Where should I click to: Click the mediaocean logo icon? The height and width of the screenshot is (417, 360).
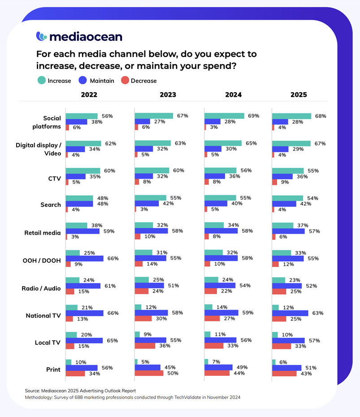point(41,36)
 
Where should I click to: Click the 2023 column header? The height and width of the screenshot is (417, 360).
point(167,95)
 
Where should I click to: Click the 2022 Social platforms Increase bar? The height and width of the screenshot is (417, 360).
point(82,116)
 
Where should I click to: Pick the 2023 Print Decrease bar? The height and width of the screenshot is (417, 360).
point(149,373)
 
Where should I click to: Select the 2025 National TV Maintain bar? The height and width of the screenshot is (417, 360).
point(290,313)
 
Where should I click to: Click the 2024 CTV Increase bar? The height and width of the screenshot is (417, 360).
point(220,171)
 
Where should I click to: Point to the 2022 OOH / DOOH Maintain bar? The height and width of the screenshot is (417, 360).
point(85,258)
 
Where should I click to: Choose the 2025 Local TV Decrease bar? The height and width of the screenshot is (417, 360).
point(282,346)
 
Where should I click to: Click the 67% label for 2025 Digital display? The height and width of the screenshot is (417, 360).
point(320,143)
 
